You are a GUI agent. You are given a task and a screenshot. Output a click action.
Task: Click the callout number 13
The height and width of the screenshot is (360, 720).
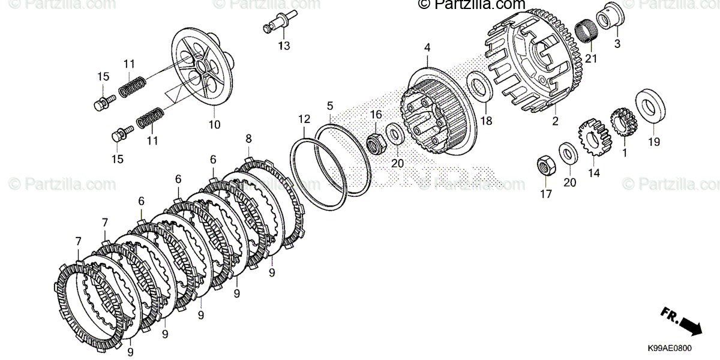[283, 46]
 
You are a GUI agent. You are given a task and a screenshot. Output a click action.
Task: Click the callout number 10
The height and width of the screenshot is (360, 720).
[214, 125]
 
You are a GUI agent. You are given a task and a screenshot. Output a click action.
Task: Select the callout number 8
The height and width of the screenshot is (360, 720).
[248, 139]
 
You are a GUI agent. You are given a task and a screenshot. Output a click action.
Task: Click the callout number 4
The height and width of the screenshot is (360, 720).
[427, 47]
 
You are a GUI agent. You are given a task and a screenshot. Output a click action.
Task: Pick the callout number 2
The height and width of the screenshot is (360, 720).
[555, 121]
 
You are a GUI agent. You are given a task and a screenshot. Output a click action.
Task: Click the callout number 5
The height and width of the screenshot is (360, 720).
[330, 106]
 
